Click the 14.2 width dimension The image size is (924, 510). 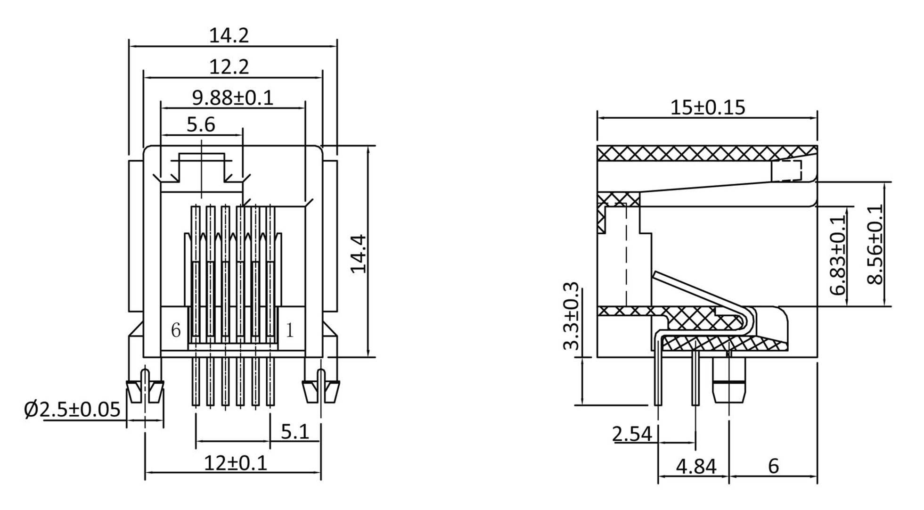(x=229, y=36)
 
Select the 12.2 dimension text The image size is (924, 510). (x=229, y=67)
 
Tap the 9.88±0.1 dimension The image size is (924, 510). (x=233, y=98)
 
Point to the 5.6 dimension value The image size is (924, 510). (x=201, y=125)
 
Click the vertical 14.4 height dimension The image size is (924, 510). (x=359, y=254)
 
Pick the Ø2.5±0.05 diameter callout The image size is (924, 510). (x=73, y=410)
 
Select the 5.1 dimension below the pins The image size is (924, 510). (x=295, y=432)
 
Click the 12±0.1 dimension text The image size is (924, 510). (x=236, y=463)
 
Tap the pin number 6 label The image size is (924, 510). (x=176, y=330)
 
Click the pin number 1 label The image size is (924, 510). (x=290, y=330)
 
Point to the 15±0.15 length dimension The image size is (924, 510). (x=708, y=107)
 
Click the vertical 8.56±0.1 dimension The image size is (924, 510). (x=875, y=244)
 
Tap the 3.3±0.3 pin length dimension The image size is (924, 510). (x=571, y=317)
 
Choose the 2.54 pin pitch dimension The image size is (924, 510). (x=632, y=434)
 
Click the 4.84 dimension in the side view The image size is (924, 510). (x=696, y=467)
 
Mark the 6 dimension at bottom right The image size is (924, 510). (x=773, y=466)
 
